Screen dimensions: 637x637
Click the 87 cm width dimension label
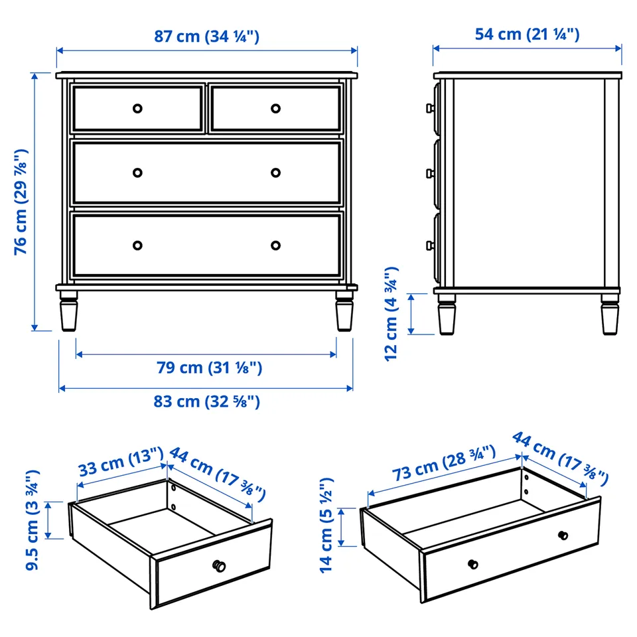(206, 36)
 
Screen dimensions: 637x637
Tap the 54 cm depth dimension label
(527, 35)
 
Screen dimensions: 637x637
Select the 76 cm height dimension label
(21, 202)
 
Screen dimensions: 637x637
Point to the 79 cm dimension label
(209, 368)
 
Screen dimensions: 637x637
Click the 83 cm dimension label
(206, 401)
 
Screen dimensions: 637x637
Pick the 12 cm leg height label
(391, 314)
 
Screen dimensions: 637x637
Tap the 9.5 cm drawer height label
(33, 520)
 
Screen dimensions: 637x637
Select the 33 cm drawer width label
(121, 462)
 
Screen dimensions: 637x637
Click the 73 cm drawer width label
(444, 462)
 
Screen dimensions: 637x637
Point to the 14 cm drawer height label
(326, 526)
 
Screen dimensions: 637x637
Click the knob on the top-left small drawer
(137, 108)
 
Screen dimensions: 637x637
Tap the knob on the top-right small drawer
(275, 108)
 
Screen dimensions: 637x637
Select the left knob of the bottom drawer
(137, 246)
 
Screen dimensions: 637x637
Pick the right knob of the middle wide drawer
(275, 173)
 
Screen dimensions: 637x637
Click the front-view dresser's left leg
(68, 311)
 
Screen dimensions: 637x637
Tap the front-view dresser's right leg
(344, 311)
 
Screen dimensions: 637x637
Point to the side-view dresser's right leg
(610, 314)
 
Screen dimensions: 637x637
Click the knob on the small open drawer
(219, 566)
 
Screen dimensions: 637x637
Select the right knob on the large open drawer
(563, 535)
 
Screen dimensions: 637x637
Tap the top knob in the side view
(430, 108)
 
